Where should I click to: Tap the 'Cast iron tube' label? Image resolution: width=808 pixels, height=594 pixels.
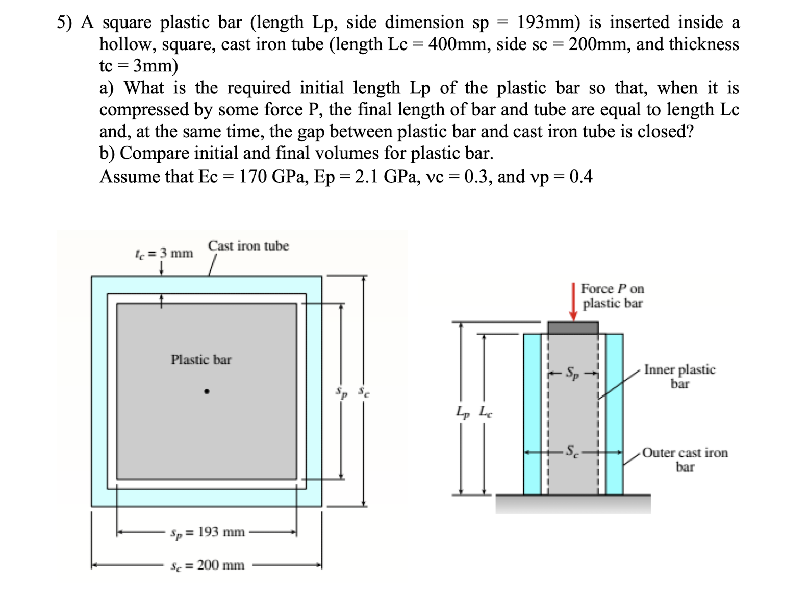coord(248,246)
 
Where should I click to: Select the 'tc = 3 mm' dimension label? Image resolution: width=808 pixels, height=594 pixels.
coord(164,253)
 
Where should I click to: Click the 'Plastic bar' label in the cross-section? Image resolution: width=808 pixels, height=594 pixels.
coord(201,360)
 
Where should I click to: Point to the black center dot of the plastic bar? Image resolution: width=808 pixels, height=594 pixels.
coord(207,392)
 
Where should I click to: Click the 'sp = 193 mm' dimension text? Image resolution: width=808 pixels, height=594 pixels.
coord(208,532)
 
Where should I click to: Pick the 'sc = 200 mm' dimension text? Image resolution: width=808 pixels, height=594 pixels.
coord(208,565)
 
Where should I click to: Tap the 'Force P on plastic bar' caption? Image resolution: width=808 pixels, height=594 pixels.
coord(612,296)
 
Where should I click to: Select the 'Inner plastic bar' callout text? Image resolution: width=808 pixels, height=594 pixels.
coord(679,377)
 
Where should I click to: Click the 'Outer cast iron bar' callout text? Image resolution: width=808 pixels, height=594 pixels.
coord(685,459)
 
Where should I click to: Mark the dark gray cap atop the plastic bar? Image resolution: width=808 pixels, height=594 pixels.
coord(573,328)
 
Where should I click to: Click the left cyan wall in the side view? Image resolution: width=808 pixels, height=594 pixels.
coord(532,414)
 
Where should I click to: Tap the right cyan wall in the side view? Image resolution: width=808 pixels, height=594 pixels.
coord(614,414)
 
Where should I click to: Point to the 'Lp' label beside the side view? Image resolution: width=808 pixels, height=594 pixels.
coord(462,412)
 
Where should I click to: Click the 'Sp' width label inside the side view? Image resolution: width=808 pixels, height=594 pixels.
coord(573,374)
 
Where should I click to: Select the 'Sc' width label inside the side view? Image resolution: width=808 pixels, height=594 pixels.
coord(573,452)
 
